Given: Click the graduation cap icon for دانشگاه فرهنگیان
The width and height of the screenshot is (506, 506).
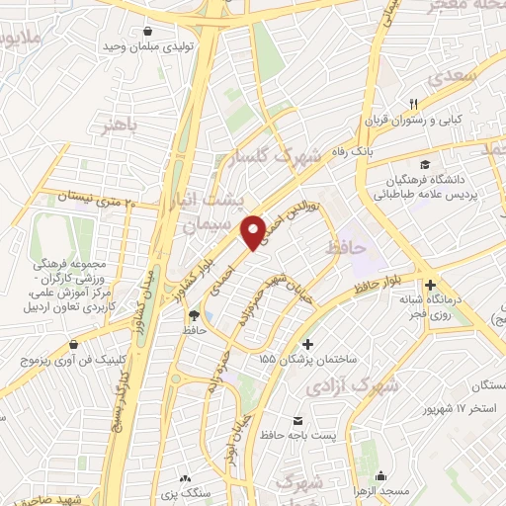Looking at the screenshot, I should [x=424, y=164].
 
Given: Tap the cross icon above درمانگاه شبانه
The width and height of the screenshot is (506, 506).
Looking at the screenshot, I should [x=427, y=279].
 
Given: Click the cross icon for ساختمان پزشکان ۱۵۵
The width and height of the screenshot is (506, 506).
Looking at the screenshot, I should [x=308, y=344].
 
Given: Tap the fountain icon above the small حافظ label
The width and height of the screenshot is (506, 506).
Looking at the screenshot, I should [x=194, y=315].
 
